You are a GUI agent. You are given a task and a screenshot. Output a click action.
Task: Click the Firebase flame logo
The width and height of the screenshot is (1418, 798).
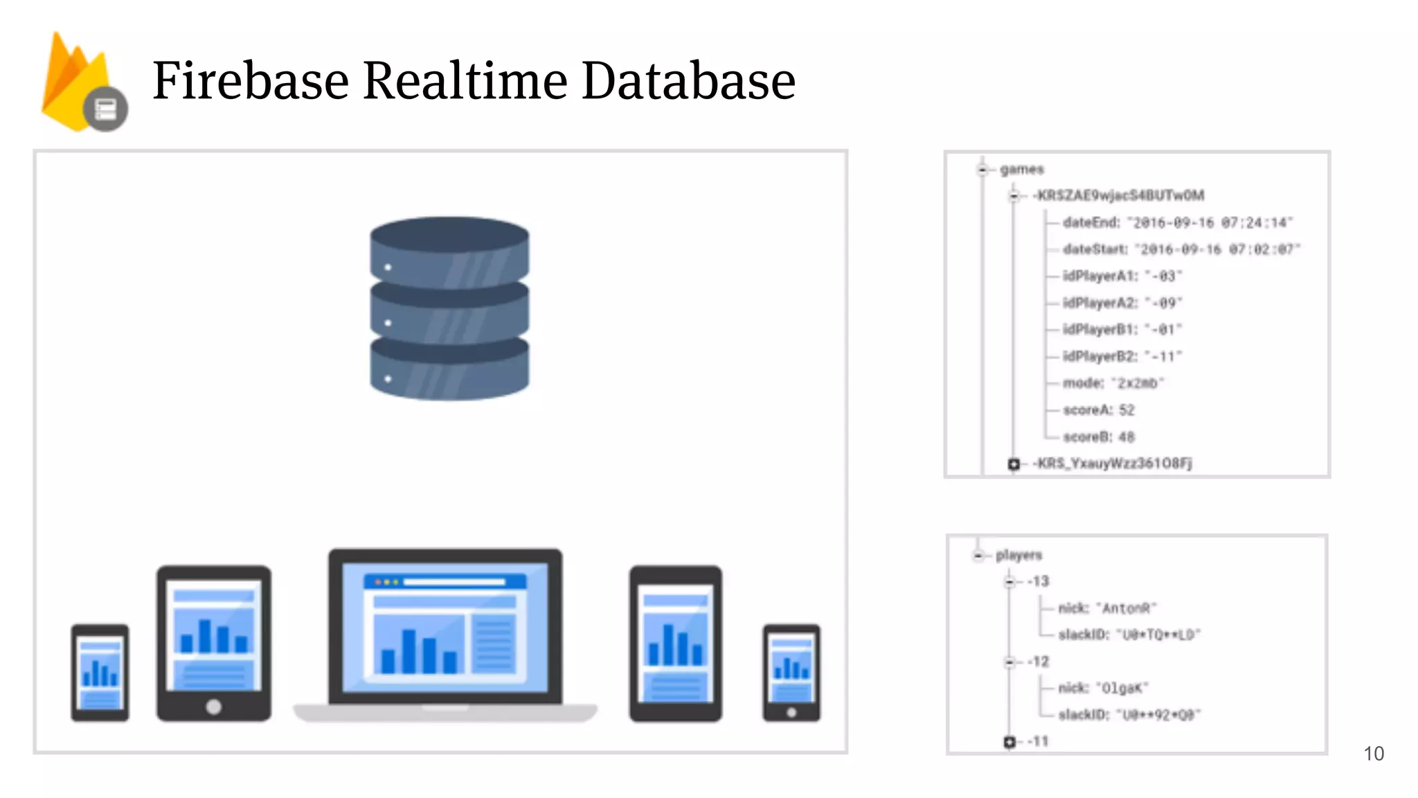(x=76, y=82)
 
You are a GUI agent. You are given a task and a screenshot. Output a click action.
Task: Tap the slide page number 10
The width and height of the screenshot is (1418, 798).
(x=1374, y=754)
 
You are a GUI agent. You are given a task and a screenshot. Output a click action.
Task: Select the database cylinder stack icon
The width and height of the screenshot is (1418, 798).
(x=449, y=308)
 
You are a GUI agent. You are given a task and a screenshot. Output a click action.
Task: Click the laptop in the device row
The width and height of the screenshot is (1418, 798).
(x=445, y=634)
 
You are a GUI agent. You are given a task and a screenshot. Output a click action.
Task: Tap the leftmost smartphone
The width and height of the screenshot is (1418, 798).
(x=100, y=673)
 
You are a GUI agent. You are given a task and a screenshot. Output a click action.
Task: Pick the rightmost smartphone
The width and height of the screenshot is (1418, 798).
(x=791, y=673)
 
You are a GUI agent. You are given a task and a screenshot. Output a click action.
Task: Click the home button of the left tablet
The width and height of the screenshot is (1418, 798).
(x=214, y=707)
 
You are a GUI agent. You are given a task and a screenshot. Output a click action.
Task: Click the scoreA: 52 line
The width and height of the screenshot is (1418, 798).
(x=1099, y=410)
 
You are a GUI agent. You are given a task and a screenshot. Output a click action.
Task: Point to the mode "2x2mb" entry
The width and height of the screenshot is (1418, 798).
(x=1113, y=383)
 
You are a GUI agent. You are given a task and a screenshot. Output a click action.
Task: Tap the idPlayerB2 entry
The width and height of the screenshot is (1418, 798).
(x=1122, y=356)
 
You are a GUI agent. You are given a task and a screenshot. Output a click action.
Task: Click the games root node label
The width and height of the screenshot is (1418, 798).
(x=1021, y=169)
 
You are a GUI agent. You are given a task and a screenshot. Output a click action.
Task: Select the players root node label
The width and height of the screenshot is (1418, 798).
(x=1018, y=555)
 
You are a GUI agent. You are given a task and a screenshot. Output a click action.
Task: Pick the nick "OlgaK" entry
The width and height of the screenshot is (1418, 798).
(x=1103, y=688)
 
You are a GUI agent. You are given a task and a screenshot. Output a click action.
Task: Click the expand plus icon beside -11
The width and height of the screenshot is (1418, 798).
(x=1009, y=742)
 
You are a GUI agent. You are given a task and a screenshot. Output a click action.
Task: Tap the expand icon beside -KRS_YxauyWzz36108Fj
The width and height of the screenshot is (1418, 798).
(x=1014, y=463)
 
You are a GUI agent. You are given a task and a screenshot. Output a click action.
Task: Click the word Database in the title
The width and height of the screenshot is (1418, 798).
(x=688, y=80)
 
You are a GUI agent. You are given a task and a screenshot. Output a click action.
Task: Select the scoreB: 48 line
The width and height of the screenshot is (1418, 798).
(x=1099, y=437)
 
